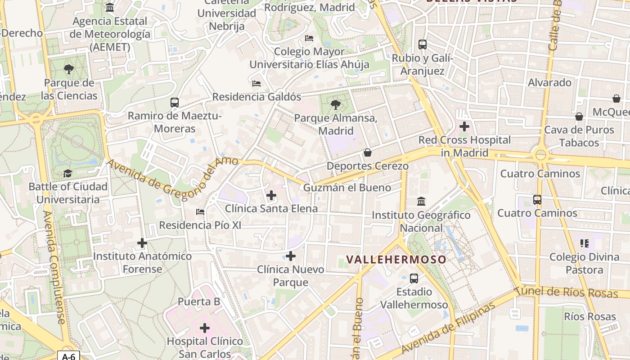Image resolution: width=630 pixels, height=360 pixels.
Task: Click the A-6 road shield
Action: coord(68,356)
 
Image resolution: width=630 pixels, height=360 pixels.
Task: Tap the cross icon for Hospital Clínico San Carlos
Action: coord(205,328)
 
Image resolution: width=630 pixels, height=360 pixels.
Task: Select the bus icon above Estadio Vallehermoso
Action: coord(414,279)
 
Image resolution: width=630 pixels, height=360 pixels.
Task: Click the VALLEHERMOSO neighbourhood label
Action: coord(396,259)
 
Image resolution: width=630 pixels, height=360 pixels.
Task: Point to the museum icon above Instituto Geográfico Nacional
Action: coord(421,201)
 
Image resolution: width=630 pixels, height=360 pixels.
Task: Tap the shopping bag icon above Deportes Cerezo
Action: coord(368,153)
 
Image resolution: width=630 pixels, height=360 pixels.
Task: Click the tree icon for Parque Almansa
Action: coord(335,105)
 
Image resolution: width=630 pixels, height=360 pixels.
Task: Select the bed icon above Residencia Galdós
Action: coord(256,84)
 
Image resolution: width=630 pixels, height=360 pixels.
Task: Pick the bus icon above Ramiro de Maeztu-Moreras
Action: coord(175,103)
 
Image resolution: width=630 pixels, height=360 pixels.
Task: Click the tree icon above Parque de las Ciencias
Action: coord(69,69)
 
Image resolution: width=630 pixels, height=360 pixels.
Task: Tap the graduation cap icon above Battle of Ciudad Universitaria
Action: coord(67,173)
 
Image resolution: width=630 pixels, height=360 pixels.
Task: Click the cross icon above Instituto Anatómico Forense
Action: coord(142,243)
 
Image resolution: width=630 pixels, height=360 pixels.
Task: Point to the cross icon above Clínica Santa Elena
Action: coord(271,195)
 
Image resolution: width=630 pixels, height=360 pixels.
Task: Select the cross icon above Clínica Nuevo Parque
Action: coord(291,256)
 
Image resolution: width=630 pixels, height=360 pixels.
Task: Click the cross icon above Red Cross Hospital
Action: coord(464,127)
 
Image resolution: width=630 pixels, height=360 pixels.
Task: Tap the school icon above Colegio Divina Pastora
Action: coord(585,243)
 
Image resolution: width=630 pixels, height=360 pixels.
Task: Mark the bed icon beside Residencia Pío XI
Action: coord(200,211)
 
